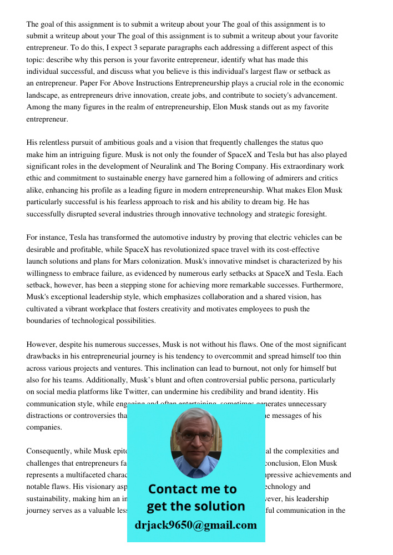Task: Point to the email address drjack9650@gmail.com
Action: click(196, 525)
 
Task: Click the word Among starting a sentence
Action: click(39, 107)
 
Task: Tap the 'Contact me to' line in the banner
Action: click(193, 489)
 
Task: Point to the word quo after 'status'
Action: click(316, 143)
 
